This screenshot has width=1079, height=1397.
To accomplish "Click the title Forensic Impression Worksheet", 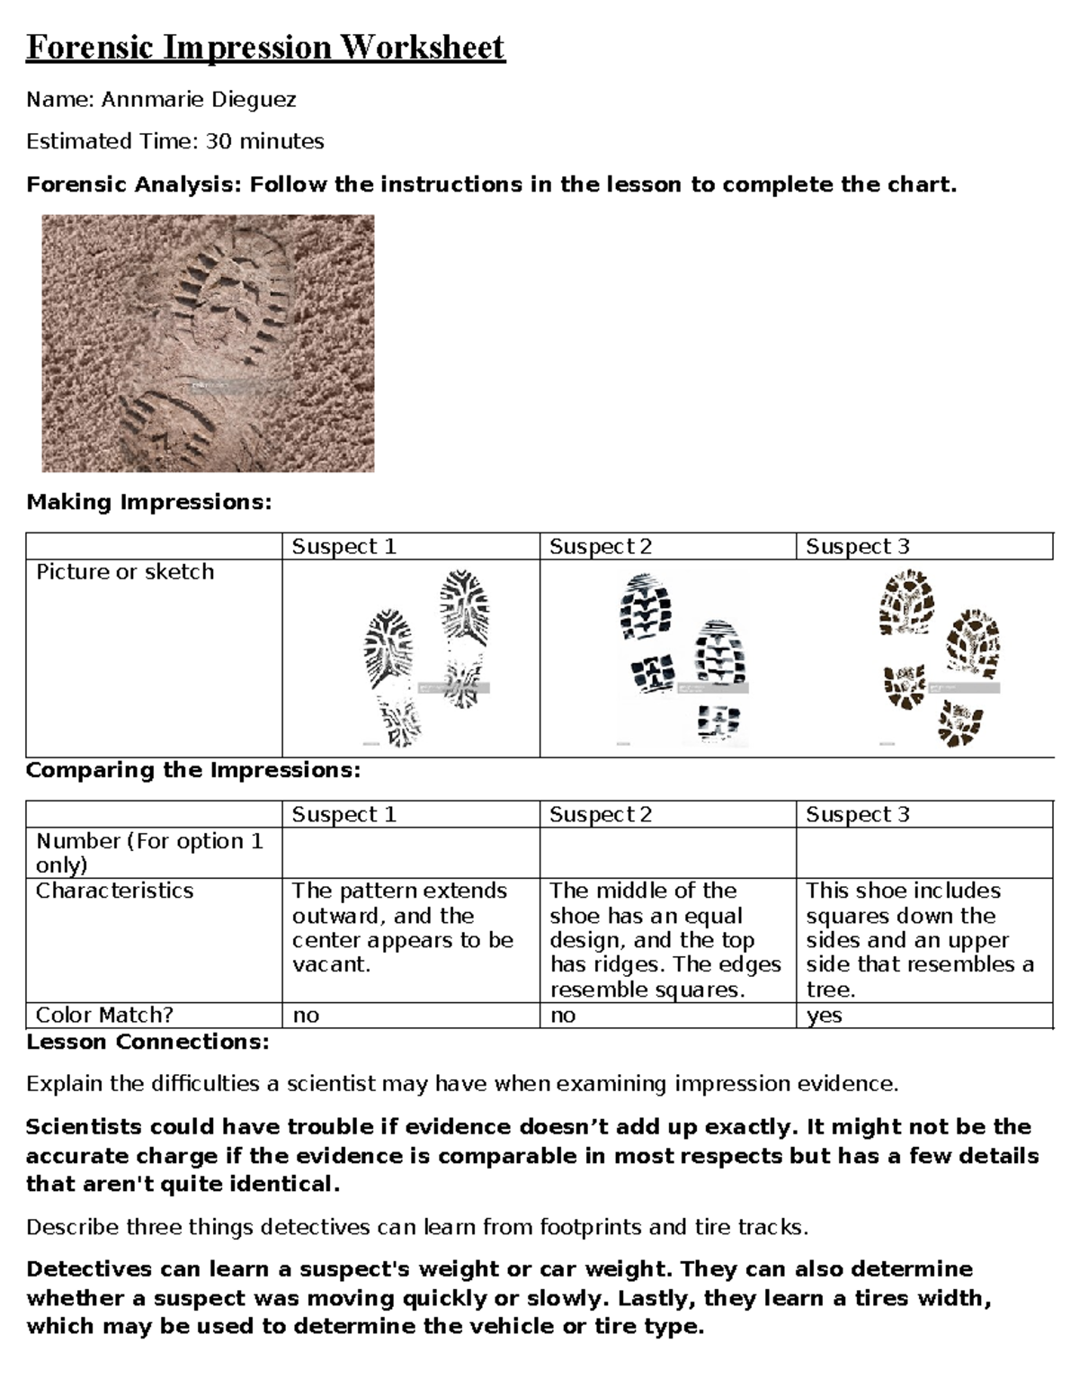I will tap(265, 47).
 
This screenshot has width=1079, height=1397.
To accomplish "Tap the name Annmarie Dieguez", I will tap(198, 100).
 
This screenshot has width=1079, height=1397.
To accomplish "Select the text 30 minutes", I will tap(264, 142).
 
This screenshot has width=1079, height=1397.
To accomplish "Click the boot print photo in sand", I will tap(208, 343).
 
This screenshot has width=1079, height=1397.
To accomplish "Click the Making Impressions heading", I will tap(148, 502).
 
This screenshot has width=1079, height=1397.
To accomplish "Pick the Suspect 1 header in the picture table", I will tap(343, 547).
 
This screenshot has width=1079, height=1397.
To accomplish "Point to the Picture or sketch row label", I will tap(125, 572).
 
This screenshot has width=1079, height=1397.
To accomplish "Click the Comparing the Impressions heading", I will tap(192, 771).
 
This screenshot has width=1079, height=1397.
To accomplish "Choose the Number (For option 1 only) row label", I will tap(148, 853).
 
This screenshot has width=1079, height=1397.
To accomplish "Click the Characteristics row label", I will tap(114, 891).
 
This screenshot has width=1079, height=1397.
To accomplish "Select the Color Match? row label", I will tap(104, 1015).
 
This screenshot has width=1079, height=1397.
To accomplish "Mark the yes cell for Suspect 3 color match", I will tap(824, 1016).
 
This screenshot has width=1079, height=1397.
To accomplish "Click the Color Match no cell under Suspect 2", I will tap(563, 1016).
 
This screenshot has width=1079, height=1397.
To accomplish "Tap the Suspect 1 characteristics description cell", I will tap(402, 927).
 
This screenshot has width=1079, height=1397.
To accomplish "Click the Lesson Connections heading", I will tap(147, 1042).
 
